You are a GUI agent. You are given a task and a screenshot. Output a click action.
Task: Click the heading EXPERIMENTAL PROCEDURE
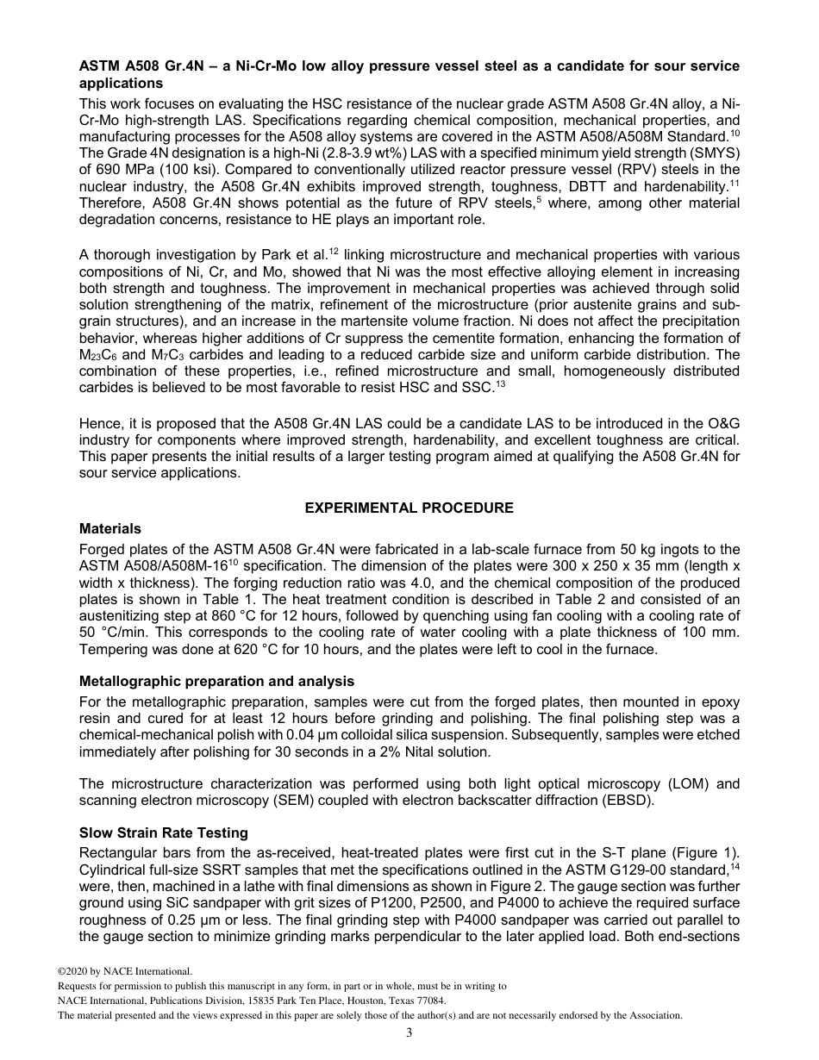(x=409, y=508)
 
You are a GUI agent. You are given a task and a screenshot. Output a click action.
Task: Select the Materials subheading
(x=110, y=528)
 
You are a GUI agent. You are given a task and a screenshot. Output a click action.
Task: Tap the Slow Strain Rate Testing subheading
(x=164, y=832)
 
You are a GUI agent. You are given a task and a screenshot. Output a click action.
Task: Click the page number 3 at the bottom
(x=409, y=1033)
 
